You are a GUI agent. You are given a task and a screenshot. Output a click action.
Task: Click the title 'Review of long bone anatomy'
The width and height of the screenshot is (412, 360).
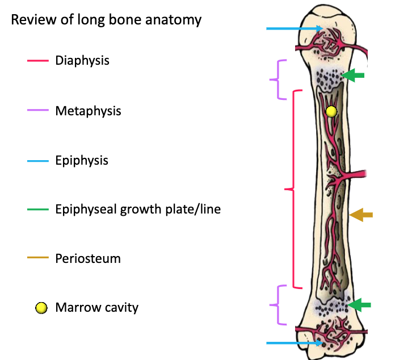pyautogui.click(x=106, y=20)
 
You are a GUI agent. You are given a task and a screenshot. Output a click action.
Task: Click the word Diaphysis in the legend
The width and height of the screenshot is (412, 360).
pyautogui.click(x=82, y=60)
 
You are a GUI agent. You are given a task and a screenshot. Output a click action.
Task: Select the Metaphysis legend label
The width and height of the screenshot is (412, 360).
pyautogui.click(x=88, y=111)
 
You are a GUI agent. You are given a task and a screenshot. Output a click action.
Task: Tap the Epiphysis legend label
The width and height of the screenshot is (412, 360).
pyautogui.click(x=82, y=161)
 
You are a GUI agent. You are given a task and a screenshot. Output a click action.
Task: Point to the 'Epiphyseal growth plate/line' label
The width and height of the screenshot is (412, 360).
pyautogui.click(x=138, y=210)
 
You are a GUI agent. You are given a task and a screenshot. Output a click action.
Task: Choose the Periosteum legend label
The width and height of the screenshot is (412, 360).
pyautogui.click(x=88, y=259)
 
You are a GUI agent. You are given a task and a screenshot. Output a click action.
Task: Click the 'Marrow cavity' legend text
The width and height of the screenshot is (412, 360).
pyautogui.click(x=96, y=308)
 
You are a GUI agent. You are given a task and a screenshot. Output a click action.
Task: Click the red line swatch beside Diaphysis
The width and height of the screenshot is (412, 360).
pyautogui.click(x=37, y=61)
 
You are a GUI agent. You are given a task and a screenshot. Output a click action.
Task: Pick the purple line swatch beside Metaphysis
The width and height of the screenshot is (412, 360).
pyautogui.click(x=37, y=111)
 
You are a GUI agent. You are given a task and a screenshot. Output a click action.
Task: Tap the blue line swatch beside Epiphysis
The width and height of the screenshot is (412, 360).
pyautogui.click(x=37, y=161)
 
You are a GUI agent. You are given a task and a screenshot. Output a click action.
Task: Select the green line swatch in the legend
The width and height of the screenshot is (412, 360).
pyautogui.click(x=37, y=210)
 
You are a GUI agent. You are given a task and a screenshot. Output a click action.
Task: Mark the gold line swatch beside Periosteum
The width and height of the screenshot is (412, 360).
pyautogui.click(x=37, y=259)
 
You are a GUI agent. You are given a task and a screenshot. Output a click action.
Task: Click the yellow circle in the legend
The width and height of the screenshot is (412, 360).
pyautogui.click(x=40, y=308)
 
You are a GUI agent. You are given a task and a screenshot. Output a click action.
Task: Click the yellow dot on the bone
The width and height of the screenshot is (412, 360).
pyautogui.click(x=331, y=112)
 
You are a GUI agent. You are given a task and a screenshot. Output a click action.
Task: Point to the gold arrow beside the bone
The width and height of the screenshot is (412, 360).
pyautogui.click(x=361, y=215)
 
